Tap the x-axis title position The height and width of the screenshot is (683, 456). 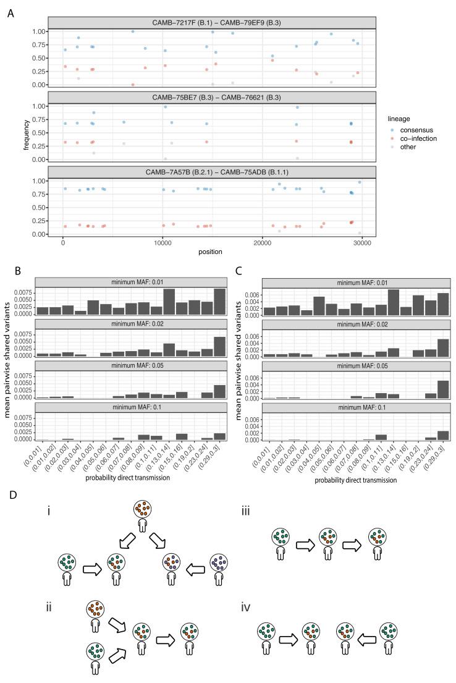[211, 252]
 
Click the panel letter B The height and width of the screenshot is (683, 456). [11, 272]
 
